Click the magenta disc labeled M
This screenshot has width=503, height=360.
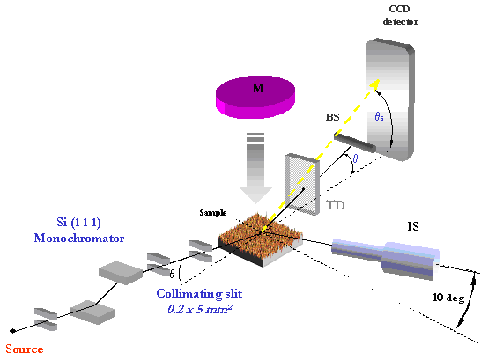tap(255, 97)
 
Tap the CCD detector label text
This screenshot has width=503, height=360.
tap(400, 15)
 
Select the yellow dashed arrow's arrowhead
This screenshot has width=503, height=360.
tap(374, 85)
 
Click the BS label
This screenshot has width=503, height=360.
tap(332, 117)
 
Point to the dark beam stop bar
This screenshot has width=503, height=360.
tap(354, 143)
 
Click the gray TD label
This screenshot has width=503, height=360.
tap(335, 205)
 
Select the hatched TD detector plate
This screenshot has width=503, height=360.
tap(302, 184)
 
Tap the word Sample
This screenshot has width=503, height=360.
tap(213, 213)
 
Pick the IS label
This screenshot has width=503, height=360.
tap(413, 226)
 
